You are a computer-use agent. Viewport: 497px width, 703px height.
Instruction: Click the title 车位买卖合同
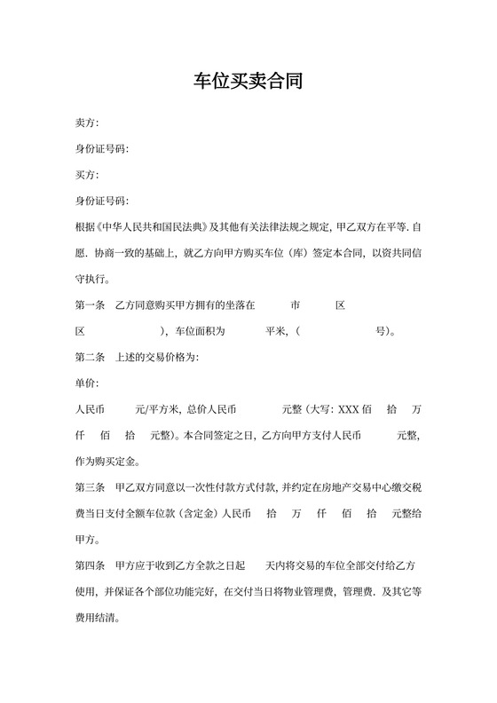coord(248,83)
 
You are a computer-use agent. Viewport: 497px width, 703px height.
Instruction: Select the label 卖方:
coord(87,122)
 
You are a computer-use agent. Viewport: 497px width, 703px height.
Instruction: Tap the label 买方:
coord(87,174)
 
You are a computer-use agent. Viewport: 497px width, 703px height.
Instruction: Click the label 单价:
coord(87,383)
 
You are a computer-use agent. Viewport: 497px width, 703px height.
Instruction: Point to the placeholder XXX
coord(348,410)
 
